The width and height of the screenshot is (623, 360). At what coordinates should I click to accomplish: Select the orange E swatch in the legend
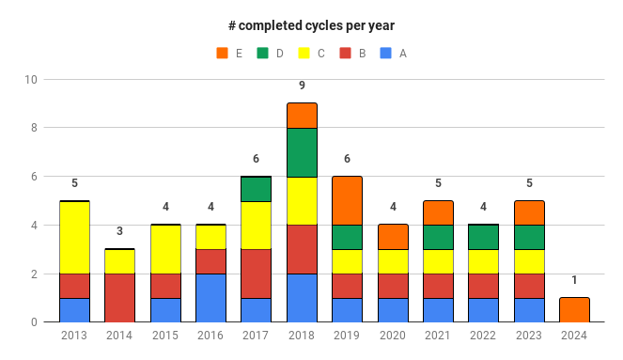point(222,53)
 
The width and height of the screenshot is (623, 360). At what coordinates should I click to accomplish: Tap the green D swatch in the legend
point(263,53)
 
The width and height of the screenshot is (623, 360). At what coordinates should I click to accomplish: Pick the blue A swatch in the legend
point(386,53)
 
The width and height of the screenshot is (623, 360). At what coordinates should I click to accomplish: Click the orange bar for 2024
point(574,310)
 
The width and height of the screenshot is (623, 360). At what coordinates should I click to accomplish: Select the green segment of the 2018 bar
point(302,152)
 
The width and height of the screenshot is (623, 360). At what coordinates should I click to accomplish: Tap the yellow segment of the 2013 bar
point(74,238)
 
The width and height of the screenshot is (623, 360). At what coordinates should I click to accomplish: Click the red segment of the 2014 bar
point(119,298)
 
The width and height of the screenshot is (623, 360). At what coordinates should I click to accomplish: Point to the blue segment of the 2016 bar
point(210,298)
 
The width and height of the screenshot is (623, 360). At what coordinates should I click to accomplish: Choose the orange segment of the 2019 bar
point(347,200)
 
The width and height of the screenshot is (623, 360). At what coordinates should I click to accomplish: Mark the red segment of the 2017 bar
point(256,274)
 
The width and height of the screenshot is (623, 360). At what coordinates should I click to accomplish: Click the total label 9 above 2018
point(302,86)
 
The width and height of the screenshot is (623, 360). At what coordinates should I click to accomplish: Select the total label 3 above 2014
point(119,231)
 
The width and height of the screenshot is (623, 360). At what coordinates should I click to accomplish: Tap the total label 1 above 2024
point(574,280)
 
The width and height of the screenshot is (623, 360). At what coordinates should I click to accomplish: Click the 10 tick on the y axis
point(31,80)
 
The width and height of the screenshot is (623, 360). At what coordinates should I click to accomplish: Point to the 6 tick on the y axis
point(34,177)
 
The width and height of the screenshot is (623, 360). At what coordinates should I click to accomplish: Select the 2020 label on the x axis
point(393,336)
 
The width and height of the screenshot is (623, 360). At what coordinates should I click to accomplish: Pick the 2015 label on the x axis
point(165,336)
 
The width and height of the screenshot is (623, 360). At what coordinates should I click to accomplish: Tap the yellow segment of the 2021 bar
point(438,261)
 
